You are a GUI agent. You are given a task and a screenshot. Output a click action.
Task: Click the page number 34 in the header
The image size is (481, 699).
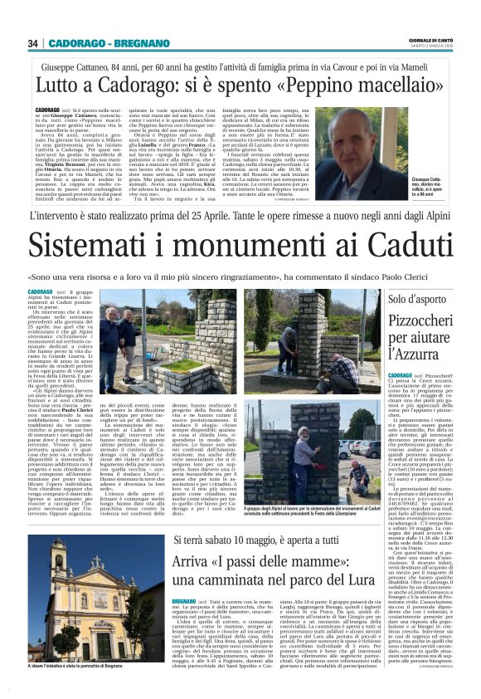pyautogui.click(x=32, y=43)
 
